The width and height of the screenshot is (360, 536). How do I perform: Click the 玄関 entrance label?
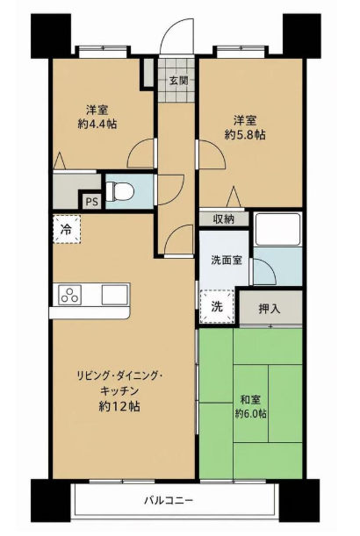tap(178, 81)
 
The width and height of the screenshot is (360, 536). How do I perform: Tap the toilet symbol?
tap(119, 191)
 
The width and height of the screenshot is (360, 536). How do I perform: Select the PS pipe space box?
tap(91, 202)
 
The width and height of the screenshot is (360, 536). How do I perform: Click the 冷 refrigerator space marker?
tap(67, 229)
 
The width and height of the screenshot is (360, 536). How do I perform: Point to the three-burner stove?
tap(70, 295)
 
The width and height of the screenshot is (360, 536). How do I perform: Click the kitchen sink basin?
tap(115, 295)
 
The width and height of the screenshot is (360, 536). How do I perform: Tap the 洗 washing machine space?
tap(217, 307)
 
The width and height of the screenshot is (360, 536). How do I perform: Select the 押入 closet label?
tap(270, 309)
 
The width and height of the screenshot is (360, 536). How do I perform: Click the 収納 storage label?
tap(224, 219)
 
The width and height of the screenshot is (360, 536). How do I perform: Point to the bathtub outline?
tap(278, 229)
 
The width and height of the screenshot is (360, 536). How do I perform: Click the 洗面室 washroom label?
tap(227, 261)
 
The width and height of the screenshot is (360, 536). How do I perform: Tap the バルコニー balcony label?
tap(169, 501)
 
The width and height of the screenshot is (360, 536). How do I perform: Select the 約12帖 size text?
tap(119, 406)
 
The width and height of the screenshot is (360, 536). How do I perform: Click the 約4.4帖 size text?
tap(97, 124)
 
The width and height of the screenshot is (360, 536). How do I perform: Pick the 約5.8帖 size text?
tap(245, 134)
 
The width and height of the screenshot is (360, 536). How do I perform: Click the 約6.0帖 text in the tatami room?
tap(251, 413)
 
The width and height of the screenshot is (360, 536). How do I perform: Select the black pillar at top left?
tap(51, 36)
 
